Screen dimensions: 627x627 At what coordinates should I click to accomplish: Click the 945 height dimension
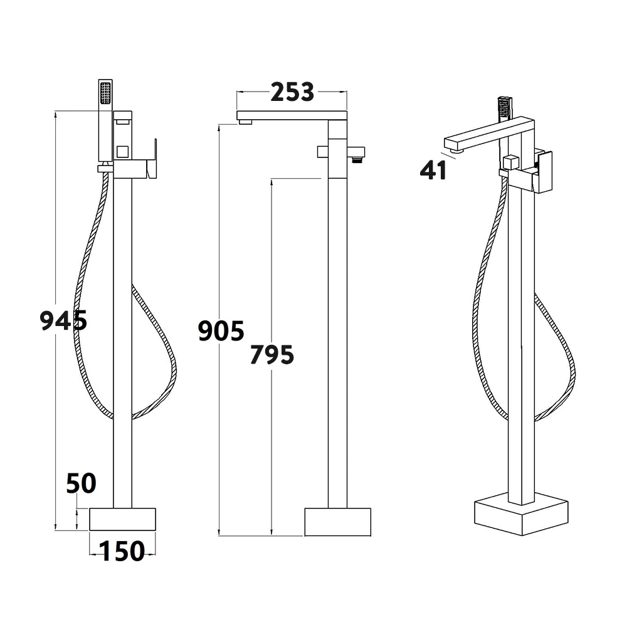click(x=63, y=320)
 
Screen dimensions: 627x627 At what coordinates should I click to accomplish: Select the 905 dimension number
click(x=221, y=330)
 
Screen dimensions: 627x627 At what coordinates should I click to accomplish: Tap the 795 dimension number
click(x=271, y=355)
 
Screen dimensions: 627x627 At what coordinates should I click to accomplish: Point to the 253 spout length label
click(x=292, y=92)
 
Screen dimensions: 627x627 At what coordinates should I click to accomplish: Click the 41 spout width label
click(x=434, y=170)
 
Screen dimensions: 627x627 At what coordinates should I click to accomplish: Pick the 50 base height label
click(x=82, y=483)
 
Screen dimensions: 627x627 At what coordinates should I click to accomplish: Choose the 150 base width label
click(x=122, y=551)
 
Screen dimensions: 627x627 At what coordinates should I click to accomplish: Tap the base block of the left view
click(x=123, y=519)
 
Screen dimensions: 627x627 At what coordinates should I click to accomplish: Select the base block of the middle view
click(x=337, y=522)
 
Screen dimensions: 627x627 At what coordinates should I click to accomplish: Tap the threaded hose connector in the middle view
click(x=358, y=157)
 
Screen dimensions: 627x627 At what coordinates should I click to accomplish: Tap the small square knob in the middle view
click(x=322, y=152)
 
